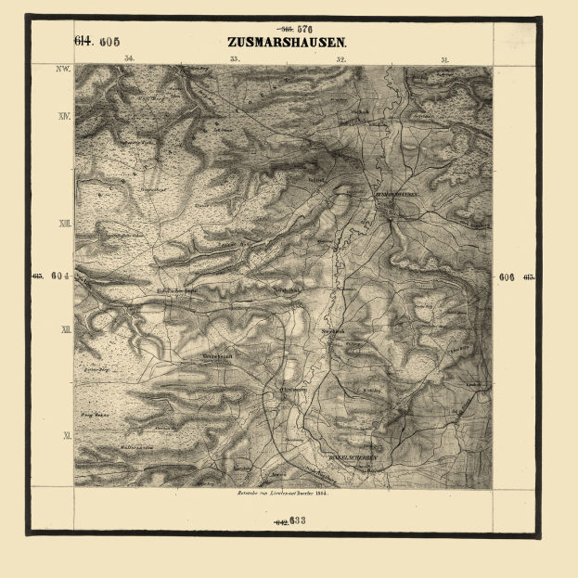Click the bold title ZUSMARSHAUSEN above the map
pos(287,43)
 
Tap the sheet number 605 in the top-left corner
pos(109,41)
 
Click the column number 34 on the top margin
pos(128,59)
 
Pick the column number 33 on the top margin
pos(235,59)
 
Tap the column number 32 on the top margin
pos(340,59)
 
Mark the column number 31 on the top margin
pos(445,59)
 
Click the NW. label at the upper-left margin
pos(63,70)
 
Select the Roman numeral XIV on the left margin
pos(64,117)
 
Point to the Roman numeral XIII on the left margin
pos(64,224)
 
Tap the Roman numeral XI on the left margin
pos(64,434)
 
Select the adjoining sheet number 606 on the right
pos(507,276)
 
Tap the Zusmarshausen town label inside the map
pos(398,196)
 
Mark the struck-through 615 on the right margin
pos(528,276)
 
